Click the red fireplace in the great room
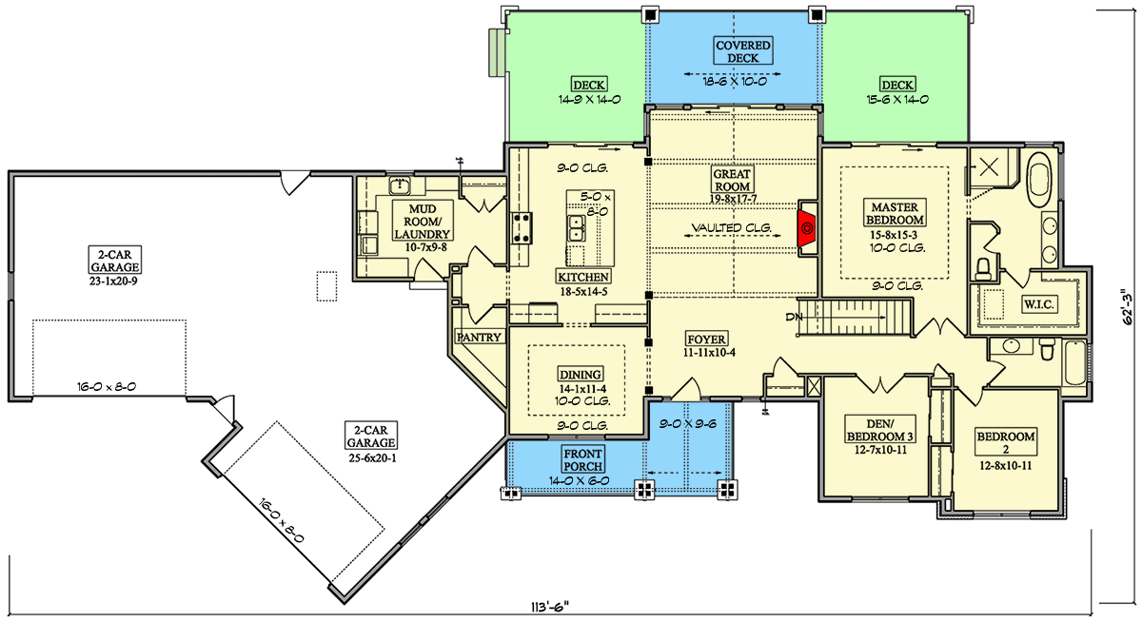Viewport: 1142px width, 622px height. (x=807, y=228)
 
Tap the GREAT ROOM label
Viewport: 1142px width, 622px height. (x=732, y=181)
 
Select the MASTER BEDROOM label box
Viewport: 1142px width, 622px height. (x=895, y=213)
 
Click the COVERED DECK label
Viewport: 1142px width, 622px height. (x=742, y=51)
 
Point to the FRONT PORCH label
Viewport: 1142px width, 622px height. (x=582, y=459)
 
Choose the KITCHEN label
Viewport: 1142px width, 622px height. (x=583, y=277)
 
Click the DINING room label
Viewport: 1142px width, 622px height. (x=581, y=374)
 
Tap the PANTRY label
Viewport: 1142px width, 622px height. (x=479, y=337)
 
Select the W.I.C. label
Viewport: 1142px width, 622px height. (x=1038, y=304)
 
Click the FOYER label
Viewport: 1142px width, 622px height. (x=706, y=339)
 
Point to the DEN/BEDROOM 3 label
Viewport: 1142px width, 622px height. (x=880, y=430)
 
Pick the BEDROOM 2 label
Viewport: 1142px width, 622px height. (x=1005, y=442)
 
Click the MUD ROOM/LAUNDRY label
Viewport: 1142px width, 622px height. (x=423, y=221)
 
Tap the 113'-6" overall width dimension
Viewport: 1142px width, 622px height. (x=550, y=607)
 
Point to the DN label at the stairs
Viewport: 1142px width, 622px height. (x=794, y=317)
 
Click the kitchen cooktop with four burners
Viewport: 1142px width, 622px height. (x=522, y=227)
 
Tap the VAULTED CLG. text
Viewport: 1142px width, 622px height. (x=731, y=227)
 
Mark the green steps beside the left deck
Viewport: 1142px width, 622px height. (x=497, y=52)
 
